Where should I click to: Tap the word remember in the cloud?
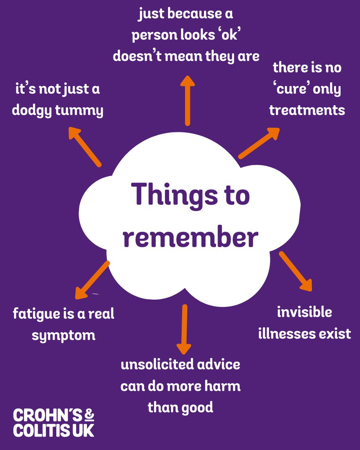[x=190, y=237]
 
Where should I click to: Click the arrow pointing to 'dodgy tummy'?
[x=85, y=146]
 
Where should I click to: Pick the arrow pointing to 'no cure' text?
[x=259, y=143]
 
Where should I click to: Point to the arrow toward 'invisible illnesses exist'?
[x=295, y=271]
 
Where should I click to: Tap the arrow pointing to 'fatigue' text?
[x=92, y=280]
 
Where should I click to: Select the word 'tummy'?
[x=84, y=112]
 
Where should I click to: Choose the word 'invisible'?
[x=304, y=312]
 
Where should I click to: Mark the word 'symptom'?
[x=63, y=335]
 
